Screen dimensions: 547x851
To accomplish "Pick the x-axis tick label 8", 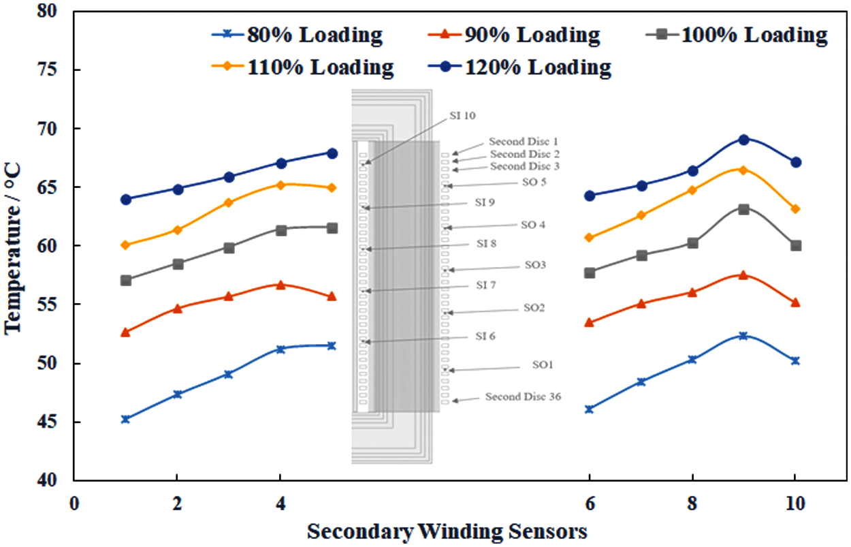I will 692,504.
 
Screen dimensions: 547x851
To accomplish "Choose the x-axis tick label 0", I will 74,504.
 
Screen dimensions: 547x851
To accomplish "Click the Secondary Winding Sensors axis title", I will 447,531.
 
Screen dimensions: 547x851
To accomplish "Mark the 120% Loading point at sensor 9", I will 743,140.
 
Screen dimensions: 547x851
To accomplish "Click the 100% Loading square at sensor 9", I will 743,209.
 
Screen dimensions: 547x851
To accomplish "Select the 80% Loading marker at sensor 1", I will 125,419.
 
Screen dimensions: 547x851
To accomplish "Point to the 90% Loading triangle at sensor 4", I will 280,284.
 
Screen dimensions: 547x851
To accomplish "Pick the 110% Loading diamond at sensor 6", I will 589,238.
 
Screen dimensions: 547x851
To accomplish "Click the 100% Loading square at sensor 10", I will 795,245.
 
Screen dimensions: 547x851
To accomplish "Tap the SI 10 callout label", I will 462,115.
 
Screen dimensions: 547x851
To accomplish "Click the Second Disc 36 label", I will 523,396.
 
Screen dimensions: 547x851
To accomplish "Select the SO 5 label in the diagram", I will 533,182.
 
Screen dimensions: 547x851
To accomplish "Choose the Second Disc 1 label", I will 524,142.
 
